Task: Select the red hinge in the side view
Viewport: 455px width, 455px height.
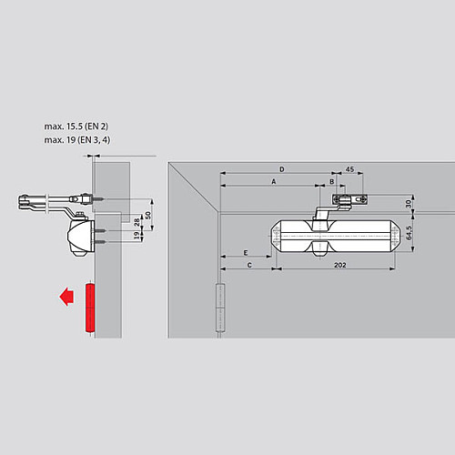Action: click(88, 308)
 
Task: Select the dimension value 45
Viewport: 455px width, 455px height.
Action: click(349, 168)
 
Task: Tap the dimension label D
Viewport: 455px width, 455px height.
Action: click(281, 169)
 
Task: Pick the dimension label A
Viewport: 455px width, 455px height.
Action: click(272, 181)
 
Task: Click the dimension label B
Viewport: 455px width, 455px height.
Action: click(332, 181)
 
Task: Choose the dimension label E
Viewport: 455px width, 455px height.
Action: click(246, 252)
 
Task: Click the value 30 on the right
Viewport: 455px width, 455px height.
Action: click(409, 206)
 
